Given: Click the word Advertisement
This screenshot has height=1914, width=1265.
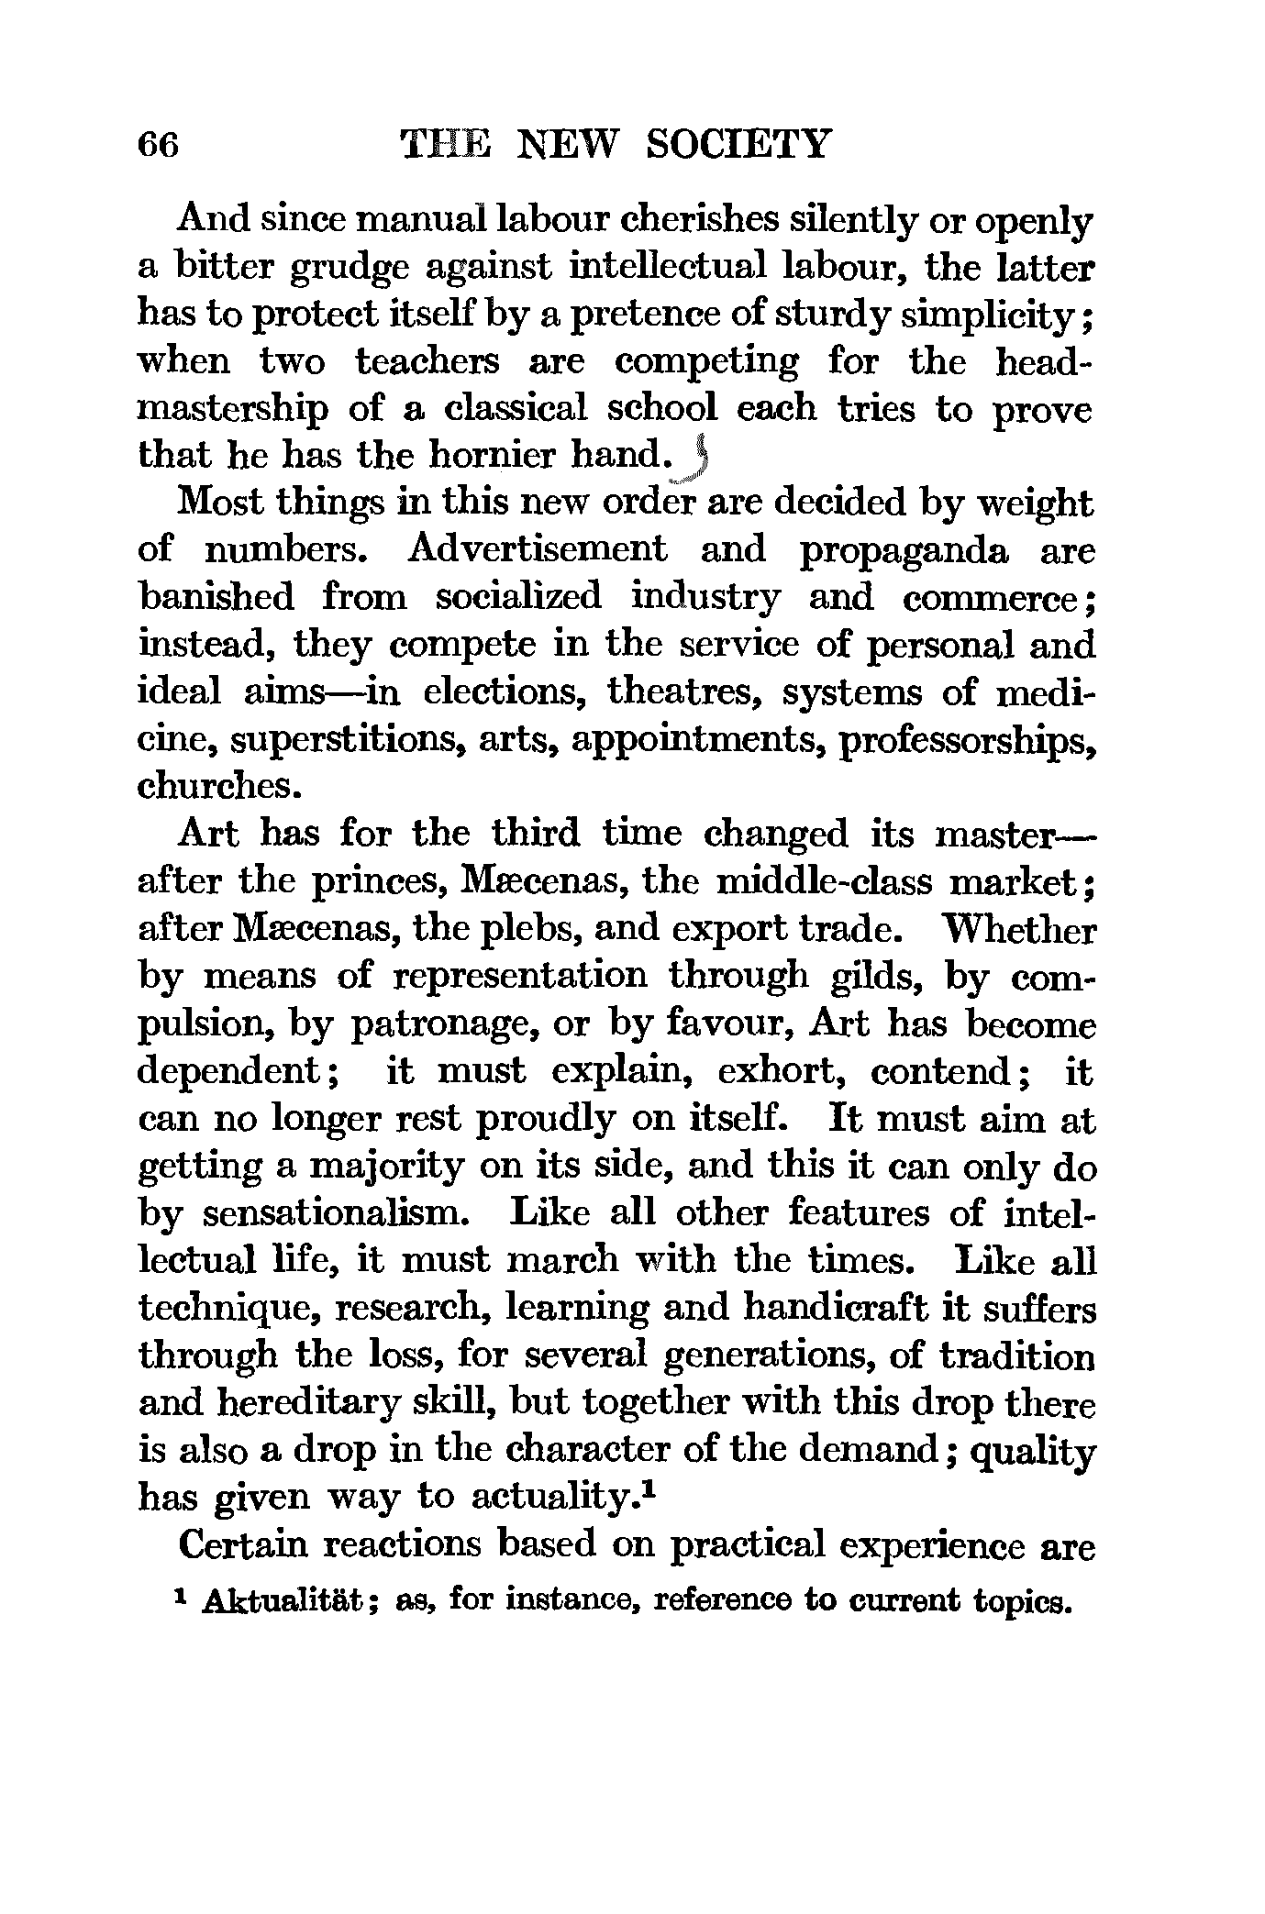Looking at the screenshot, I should (x=537, y=549).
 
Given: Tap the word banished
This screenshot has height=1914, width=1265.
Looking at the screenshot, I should (x=216, y=597).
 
